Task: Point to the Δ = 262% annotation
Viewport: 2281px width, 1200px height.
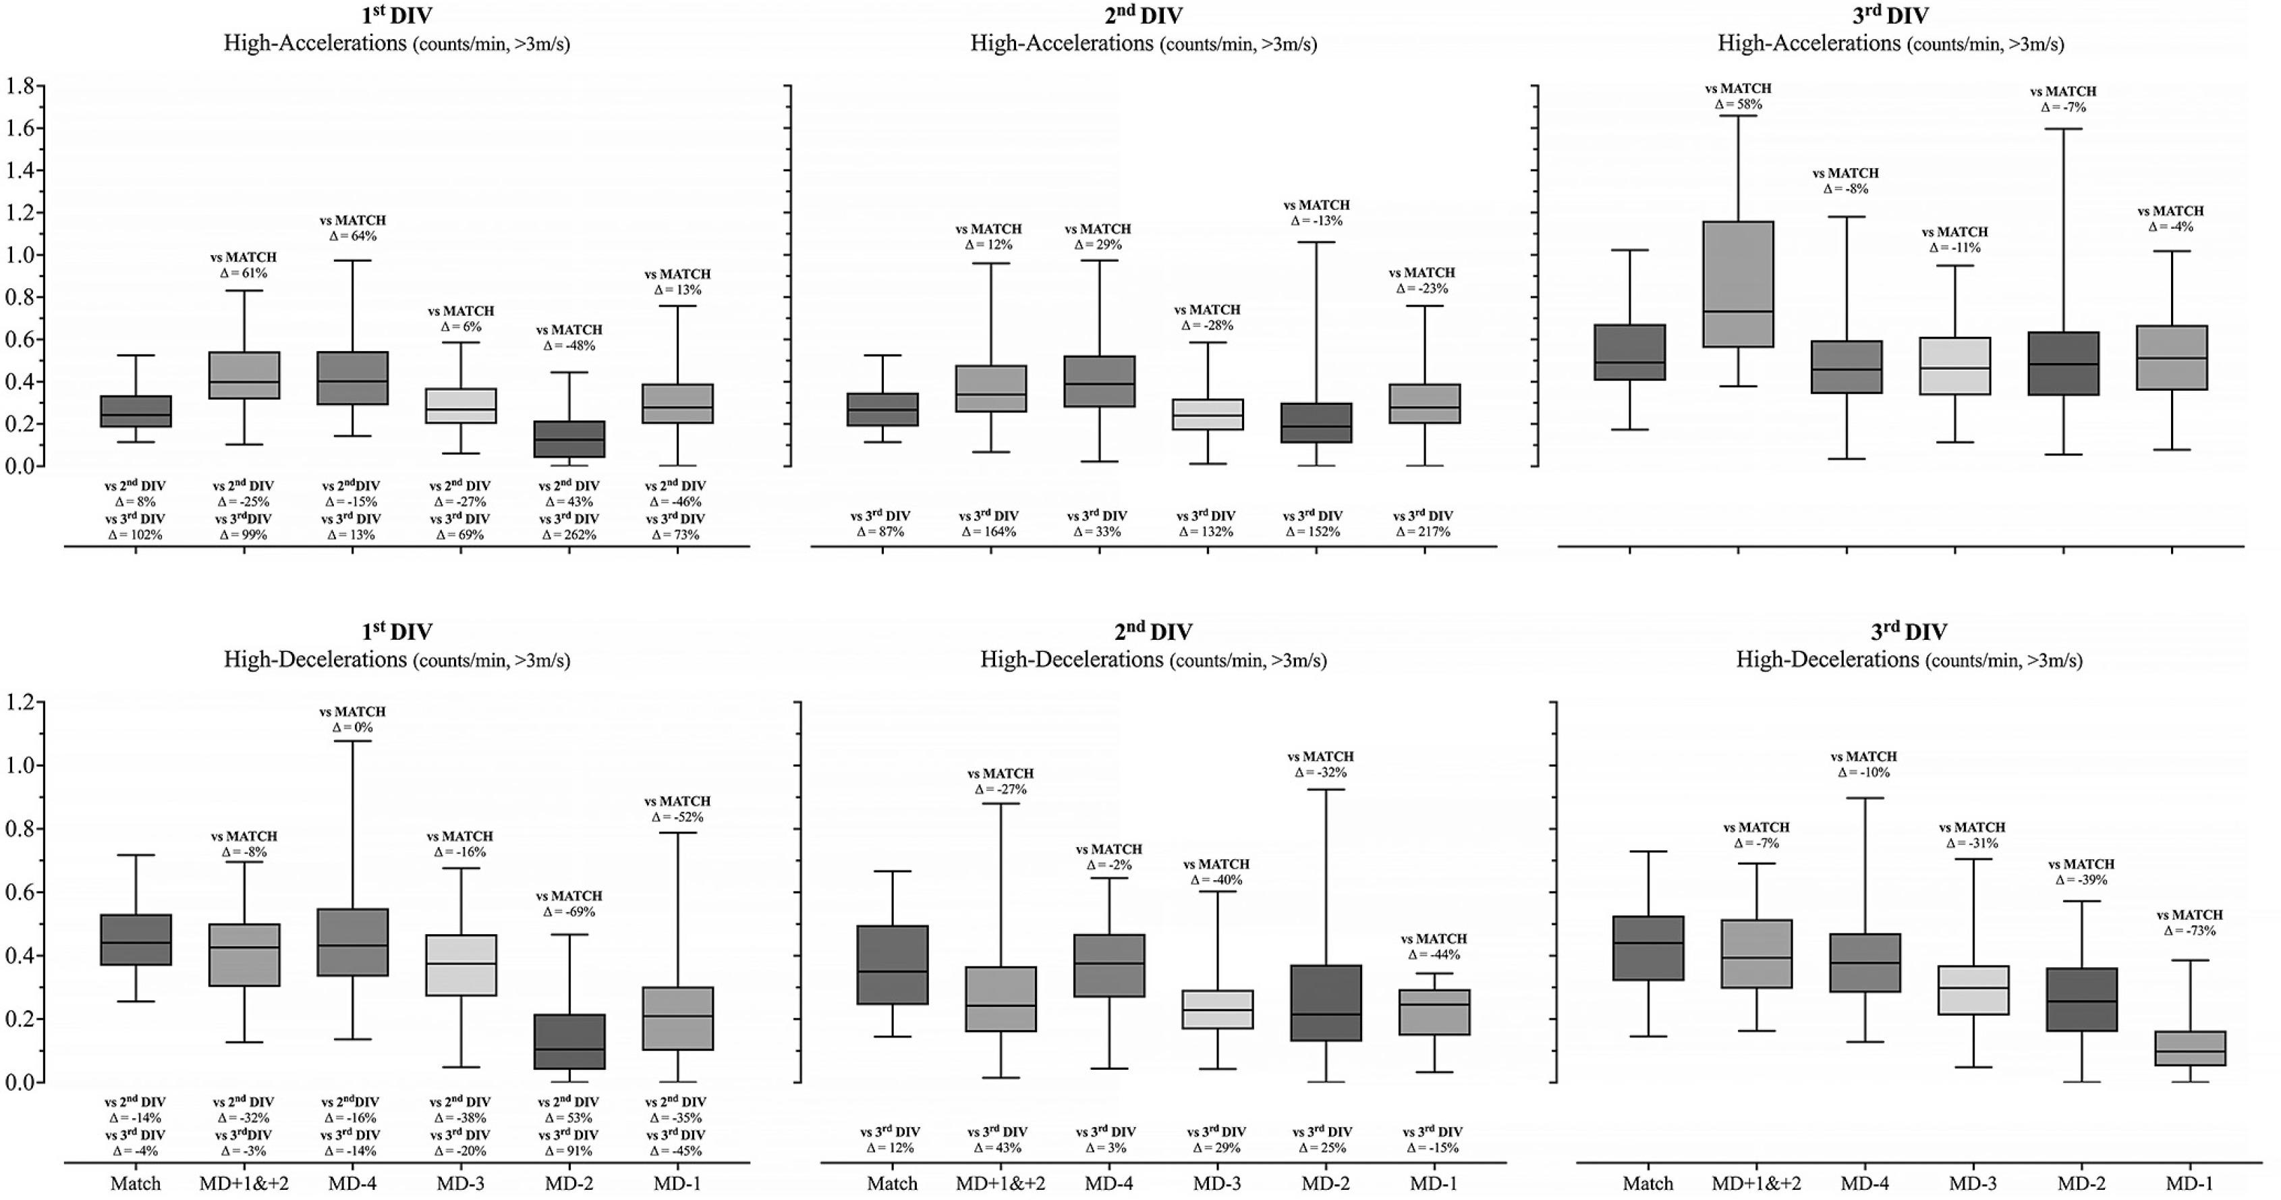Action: [x=569, y=535]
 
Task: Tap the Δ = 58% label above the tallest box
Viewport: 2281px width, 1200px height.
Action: [x=1738, y=105]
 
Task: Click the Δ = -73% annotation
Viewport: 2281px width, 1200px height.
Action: [x=2190, y=931]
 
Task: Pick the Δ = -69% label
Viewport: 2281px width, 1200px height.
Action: [x=569, y=911]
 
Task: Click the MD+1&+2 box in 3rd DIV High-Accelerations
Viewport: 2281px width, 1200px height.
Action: [x=1738, y=283]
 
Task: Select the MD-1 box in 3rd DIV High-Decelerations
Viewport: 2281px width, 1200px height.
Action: [x=2190, y=1047]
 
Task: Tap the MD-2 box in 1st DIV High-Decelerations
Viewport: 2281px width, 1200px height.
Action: [x=569, y=1041]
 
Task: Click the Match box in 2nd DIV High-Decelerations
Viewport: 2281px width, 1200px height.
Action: [x=893, y=964]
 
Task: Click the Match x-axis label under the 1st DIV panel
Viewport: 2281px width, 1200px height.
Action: [x=136, y=1183]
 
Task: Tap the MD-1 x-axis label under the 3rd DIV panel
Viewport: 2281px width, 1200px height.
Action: [x=2190, y=1183]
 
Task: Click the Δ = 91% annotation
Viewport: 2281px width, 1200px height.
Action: [x=569, y=1151]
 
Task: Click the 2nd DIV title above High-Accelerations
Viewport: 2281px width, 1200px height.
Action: [x=1143, y=15]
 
